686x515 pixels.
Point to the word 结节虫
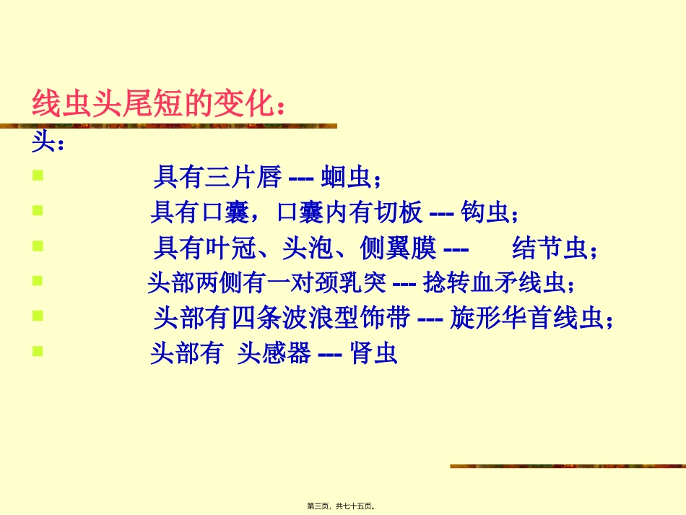[550, 249]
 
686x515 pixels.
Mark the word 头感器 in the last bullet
[274, 355]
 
